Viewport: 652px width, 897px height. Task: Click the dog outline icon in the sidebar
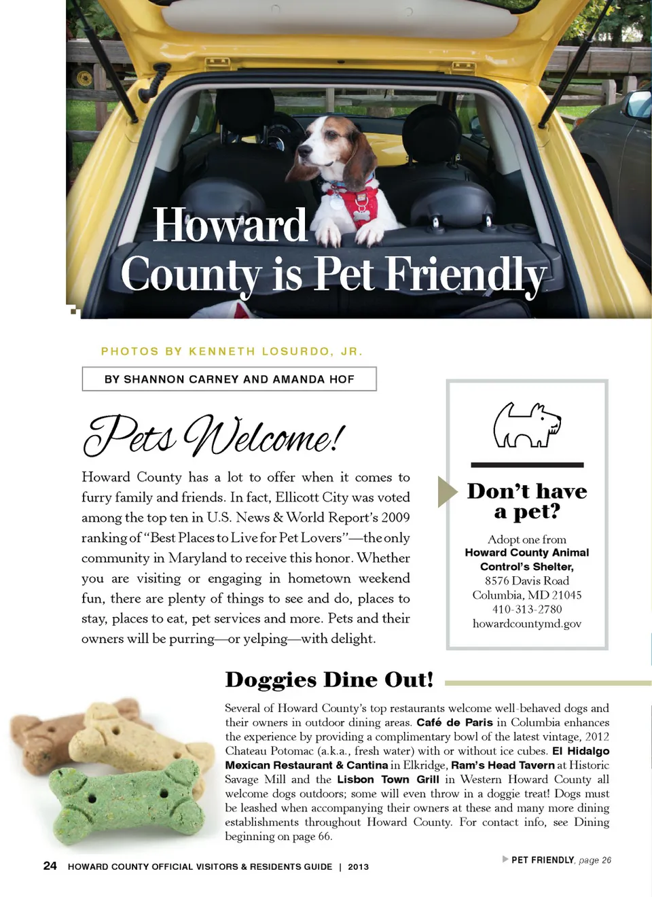[x=526, y=425]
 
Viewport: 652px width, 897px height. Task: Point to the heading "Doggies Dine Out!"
[x=329, y=680]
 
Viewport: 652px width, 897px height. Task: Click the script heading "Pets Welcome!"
[x=214, y=436]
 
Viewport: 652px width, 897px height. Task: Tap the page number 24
[x=50, y=866]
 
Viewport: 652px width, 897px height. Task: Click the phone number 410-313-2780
[x=527, y=610]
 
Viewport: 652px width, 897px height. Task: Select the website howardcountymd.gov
[x=527, y=624]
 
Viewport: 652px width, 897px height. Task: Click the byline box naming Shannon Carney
[x=229, y=379]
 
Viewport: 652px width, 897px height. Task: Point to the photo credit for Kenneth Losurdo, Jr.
[x=232, y=351]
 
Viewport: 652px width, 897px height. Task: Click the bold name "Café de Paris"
[x=454, y=722]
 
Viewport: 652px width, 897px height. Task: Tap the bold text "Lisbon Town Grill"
[x=388, y=779]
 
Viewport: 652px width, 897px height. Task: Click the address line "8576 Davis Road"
[x=527, y=581]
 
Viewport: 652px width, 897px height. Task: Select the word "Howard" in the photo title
[x=230, y=226]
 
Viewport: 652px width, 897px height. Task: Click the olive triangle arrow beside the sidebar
[x=446, y=491]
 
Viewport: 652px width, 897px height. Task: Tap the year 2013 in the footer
[x=358, y=867]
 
